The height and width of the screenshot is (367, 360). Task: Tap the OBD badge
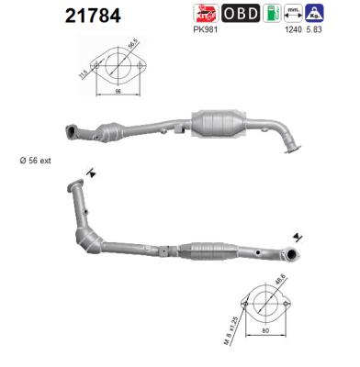[x=242, y=13]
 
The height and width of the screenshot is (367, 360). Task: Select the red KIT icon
[x=206, y=13]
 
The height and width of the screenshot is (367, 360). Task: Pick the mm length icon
[x=293, y=13]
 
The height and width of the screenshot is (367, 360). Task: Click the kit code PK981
[x=206, y=29]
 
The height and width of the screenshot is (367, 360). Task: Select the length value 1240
[x=294, y=29]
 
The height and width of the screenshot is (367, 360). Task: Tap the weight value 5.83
[x=316, y=29]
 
